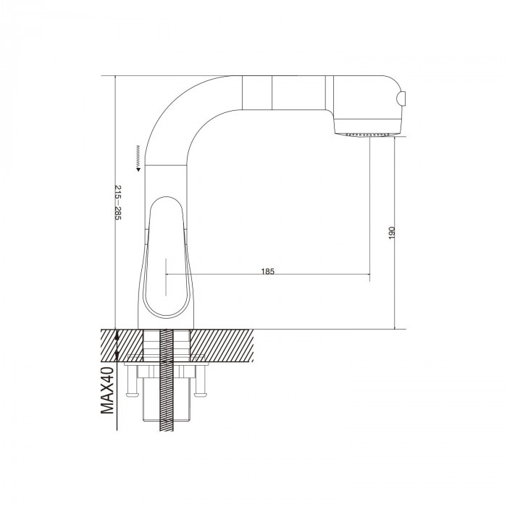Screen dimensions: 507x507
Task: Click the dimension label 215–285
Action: click(x=118, y=202)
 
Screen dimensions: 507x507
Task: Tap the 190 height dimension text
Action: click(x=392, y=232)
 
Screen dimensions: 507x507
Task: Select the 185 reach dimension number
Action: click(x=268, y=272)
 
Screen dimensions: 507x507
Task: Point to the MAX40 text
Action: click(x=107, y=390)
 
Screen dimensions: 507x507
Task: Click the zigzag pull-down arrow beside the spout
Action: click(x=138, y=158)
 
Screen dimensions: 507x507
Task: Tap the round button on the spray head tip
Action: click(x=402, y=98)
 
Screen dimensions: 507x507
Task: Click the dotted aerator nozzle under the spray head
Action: click(x=366, y=134)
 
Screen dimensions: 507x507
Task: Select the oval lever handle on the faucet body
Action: click(x=165, y=257)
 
